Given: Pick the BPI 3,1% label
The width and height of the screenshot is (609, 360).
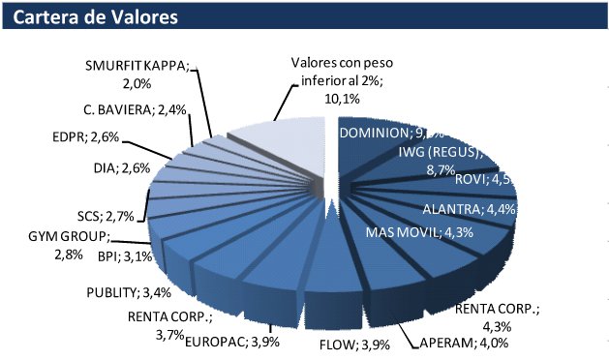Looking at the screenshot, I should click(x=124, y=257).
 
